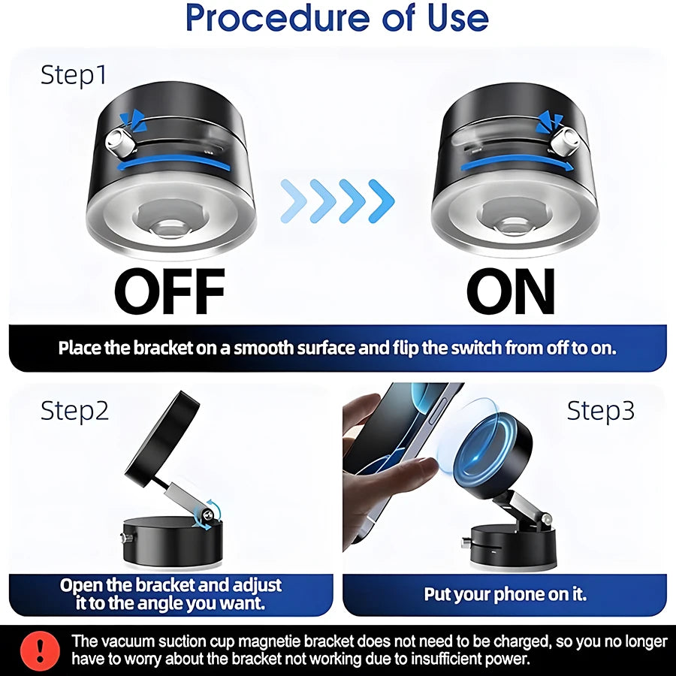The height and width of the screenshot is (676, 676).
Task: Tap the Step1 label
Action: (74, 75)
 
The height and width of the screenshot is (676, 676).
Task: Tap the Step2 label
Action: (74, 411)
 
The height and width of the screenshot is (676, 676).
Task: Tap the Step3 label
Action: (601, 411)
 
